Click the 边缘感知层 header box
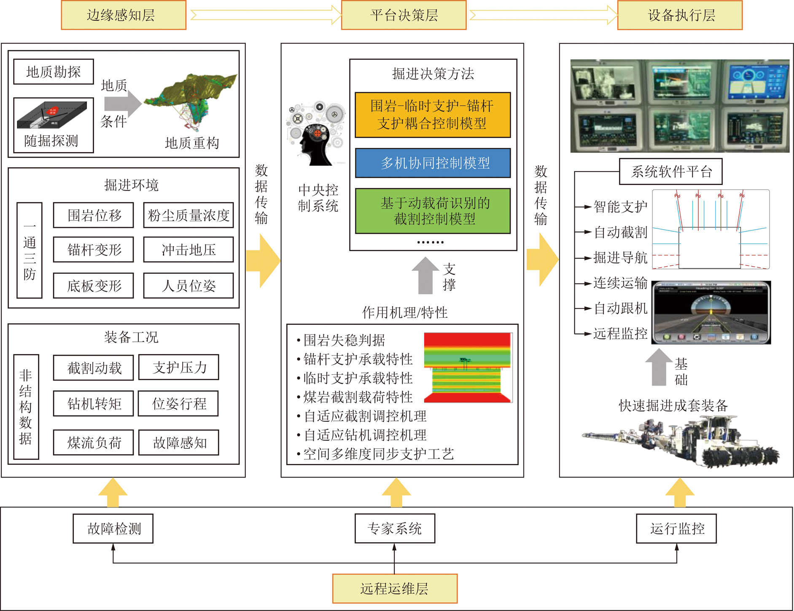[x=124, y=15]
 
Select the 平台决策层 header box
[x=404, y=15]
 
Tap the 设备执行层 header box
[x=680, y=15]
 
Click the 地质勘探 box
[x=54, y=72]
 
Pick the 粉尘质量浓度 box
[x=188, y=215]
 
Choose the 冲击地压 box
[x=188, y=250]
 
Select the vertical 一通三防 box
[x=30, y=250]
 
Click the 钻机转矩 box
[x=94, y=404]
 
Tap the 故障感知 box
[x=179, y=442]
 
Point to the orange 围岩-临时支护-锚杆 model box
[x=433, y=115]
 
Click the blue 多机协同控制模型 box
[x=433, y=163]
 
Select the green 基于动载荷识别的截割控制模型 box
[x=433, y=211]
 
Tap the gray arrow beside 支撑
[x=425, y=276]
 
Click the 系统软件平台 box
[x=670, y=172]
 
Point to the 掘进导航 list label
[x=620, y=257]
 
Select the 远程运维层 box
[x=395, y=588]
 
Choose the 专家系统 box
[x=395, y=528]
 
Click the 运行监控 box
[x=676, y=528]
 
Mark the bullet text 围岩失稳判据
[x=344, y=340]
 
